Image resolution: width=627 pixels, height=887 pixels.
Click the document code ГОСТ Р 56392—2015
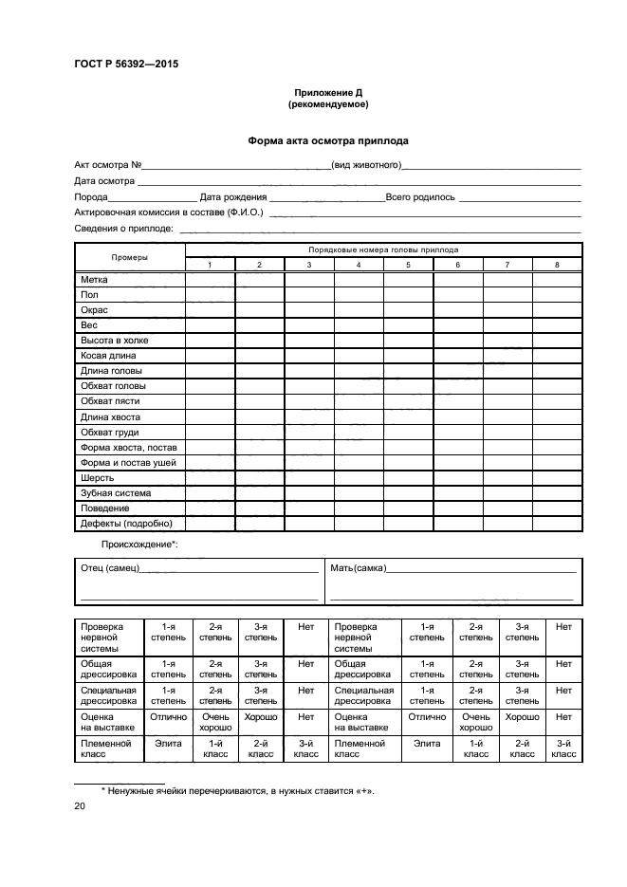[x=125, y=65]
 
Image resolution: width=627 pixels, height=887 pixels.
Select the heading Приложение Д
[x=327, y=93]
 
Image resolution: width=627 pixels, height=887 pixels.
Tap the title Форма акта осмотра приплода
[x=328, y=140]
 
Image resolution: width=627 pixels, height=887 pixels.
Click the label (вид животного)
[x=366, y=166]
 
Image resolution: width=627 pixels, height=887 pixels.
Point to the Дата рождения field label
[x=232, y=197]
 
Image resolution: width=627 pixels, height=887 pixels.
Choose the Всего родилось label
[x=420, y=197]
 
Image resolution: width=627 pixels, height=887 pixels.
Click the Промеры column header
[x=129, y=257]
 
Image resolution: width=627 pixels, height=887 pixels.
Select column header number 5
[x=408, y=265]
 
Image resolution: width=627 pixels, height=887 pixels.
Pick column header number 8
[x=557, y=265]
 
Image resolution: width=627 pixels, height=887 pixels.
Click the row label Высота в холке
[x=114, y=340]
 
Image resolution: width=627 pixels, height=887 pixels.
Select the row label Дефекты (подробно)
[x=120, y=524]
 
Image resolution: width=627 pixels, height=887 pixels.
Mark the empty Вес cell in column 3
[x=309, y=325]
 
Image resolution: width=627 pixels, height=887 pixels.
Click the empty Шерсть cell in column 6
[x=458, y=478]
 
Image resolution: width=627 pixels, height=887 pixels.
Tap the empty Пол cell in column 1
[x=210, y=295]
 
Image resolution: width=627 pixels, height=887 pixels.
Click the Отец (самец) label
[x=110, y=567]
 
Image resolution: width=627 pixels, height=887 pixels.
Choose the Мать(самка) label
[x=358, y=567]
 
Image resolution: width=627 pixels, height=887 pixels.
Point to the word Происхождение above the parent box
[x=138, y=545]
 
